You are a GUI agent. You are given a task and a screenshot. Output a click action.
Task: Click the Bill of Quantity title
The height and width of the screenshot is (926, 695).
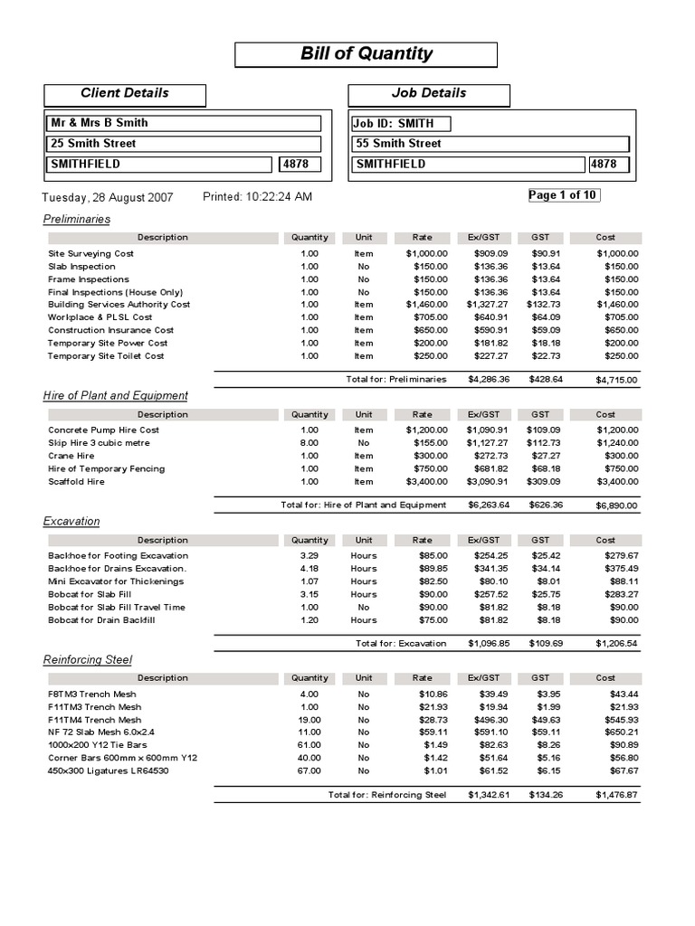pos(366,54)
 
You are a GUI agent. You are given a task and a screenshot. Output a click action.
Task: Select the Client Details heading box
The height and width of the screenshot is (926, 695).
pos(125,93)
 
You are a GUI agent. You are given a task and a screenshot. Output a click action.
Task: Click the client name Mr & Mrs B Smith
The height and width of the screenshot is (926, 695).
pos(100,123)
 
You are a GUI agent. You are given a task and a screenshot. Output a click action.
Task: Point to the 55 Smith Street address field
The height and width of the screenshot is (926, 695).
pos(398,144)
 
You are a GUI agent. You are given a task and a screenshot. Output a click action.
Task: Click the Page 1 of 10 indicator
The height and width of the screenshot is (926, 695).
pos(563,195)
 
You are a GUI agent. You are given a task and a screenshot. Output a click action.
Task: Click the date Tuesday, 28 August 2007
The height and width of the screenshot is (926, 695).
pos(108,197)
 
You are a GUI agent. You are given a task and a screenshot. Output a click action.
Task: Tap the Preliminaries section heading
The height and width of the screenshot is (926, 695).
pos(77,219)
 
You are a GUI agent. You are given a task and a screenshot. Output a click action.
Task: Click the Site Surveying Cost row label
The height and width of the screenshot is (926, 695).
pos(90,254)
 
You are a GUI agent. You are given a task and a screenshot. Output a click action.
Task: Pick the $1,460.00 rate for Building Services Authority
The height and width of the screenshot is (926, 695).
pos(426,305)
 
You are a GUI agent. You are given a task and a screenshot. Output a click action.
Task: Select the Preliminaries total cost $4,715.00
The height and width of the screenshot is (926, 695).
pos(616,380)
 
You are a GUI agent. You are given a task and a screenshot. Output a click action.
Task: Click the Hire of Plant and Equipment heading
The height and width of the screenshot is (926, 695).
pos(116,395)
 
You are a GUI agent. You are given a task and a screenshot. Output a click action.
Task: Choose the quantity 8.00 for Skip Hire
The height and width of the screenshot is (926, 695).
pos(309,443)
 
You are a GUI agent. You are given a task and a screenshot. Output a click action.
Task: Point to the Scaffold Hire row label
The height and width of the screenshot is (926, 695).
pos(76,482)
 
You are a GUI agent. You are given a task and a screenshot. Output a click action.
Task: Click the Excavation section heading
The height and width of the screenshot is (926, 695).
pos(71,521)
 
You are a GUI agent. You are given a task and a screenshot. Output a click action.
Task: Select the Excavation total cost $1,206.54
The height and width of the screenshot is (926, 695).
pos(616,644)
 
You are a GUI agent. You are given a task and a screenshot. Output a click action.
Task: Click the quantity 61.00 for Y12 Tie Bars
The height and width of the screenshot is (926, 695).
pos(309,745)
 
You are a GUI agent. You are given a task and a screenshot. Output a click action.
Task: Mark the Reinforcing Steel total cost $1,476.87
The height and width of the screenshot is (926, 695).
pos(616,795)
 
